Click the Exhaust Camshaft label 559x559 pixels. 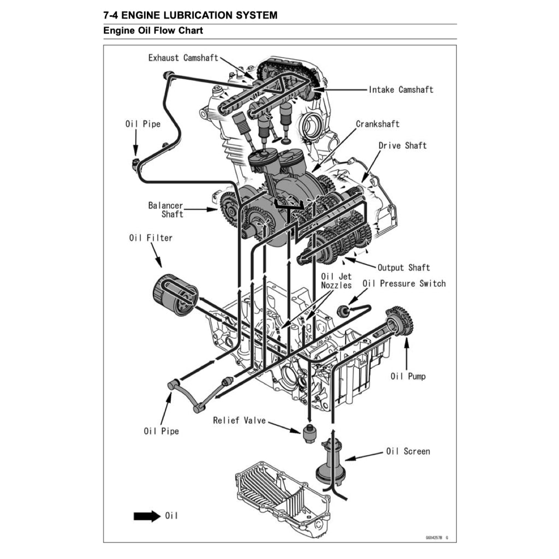click(x=183, y=58)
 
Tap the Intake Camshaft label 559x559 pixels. click(x=401, y=90)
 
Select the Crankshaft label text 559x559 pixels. click(x=378, y=124)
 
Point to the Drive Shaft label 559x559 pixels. click(x=402, y=145)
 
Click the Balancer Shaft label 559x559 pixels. click(x=166, y=210)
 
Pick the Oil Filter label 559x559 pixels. click(x=151, y=238)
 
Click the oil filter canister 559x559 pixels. click(x=175, y=294)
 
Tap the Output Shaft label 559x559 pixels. click(x=403, y=267)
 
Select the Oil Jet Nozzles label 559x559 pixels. click(x=336, y=281)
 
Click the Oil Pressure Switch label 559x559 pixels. click(x=404, y=283)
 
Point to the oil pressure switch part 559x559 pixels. click(x=343, y=311)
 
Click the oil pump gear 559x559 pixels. click(x=401, y=320)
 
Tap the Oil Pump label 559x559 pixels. click(x=408, y=376)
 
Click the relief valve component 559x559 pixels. click(x=309, y=433)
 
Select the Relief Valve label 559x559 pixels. click(x=239, y=420)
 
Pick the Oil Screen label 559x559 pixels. click(x=408, y=451)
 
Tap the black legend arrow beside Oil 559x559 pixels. click(x=147, y=516)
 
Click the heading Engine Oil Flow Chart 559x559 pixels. click(x=153, y=31)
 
